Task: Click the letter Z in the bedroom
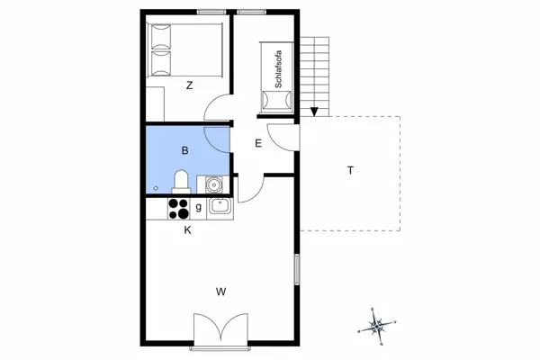(189, 86)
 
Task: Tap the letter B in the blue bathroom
(184, 150)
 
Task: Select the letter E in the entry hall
(257, 143)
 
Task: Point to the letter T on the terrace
(349, 171)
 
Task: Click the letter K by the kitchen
(187, 230)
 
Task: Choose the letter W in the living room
(220, 291)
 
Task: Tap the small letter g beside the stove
(198, 208)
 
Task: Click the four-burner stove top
(179, 208)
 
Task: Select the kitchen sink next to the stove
(219, 208)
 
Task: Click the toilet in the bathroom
(181, 182)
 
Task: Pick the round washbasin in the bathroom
(213, 184)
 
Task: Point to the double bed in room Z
(186, 50)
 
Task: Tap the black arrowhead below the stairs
(314, 112)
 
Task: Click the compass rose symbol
(379, 326)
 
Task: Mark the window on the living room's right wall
(296, 270)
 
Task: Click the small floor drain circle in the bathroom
(156, 187)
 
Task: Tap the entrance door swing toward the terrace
(281, 138)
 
